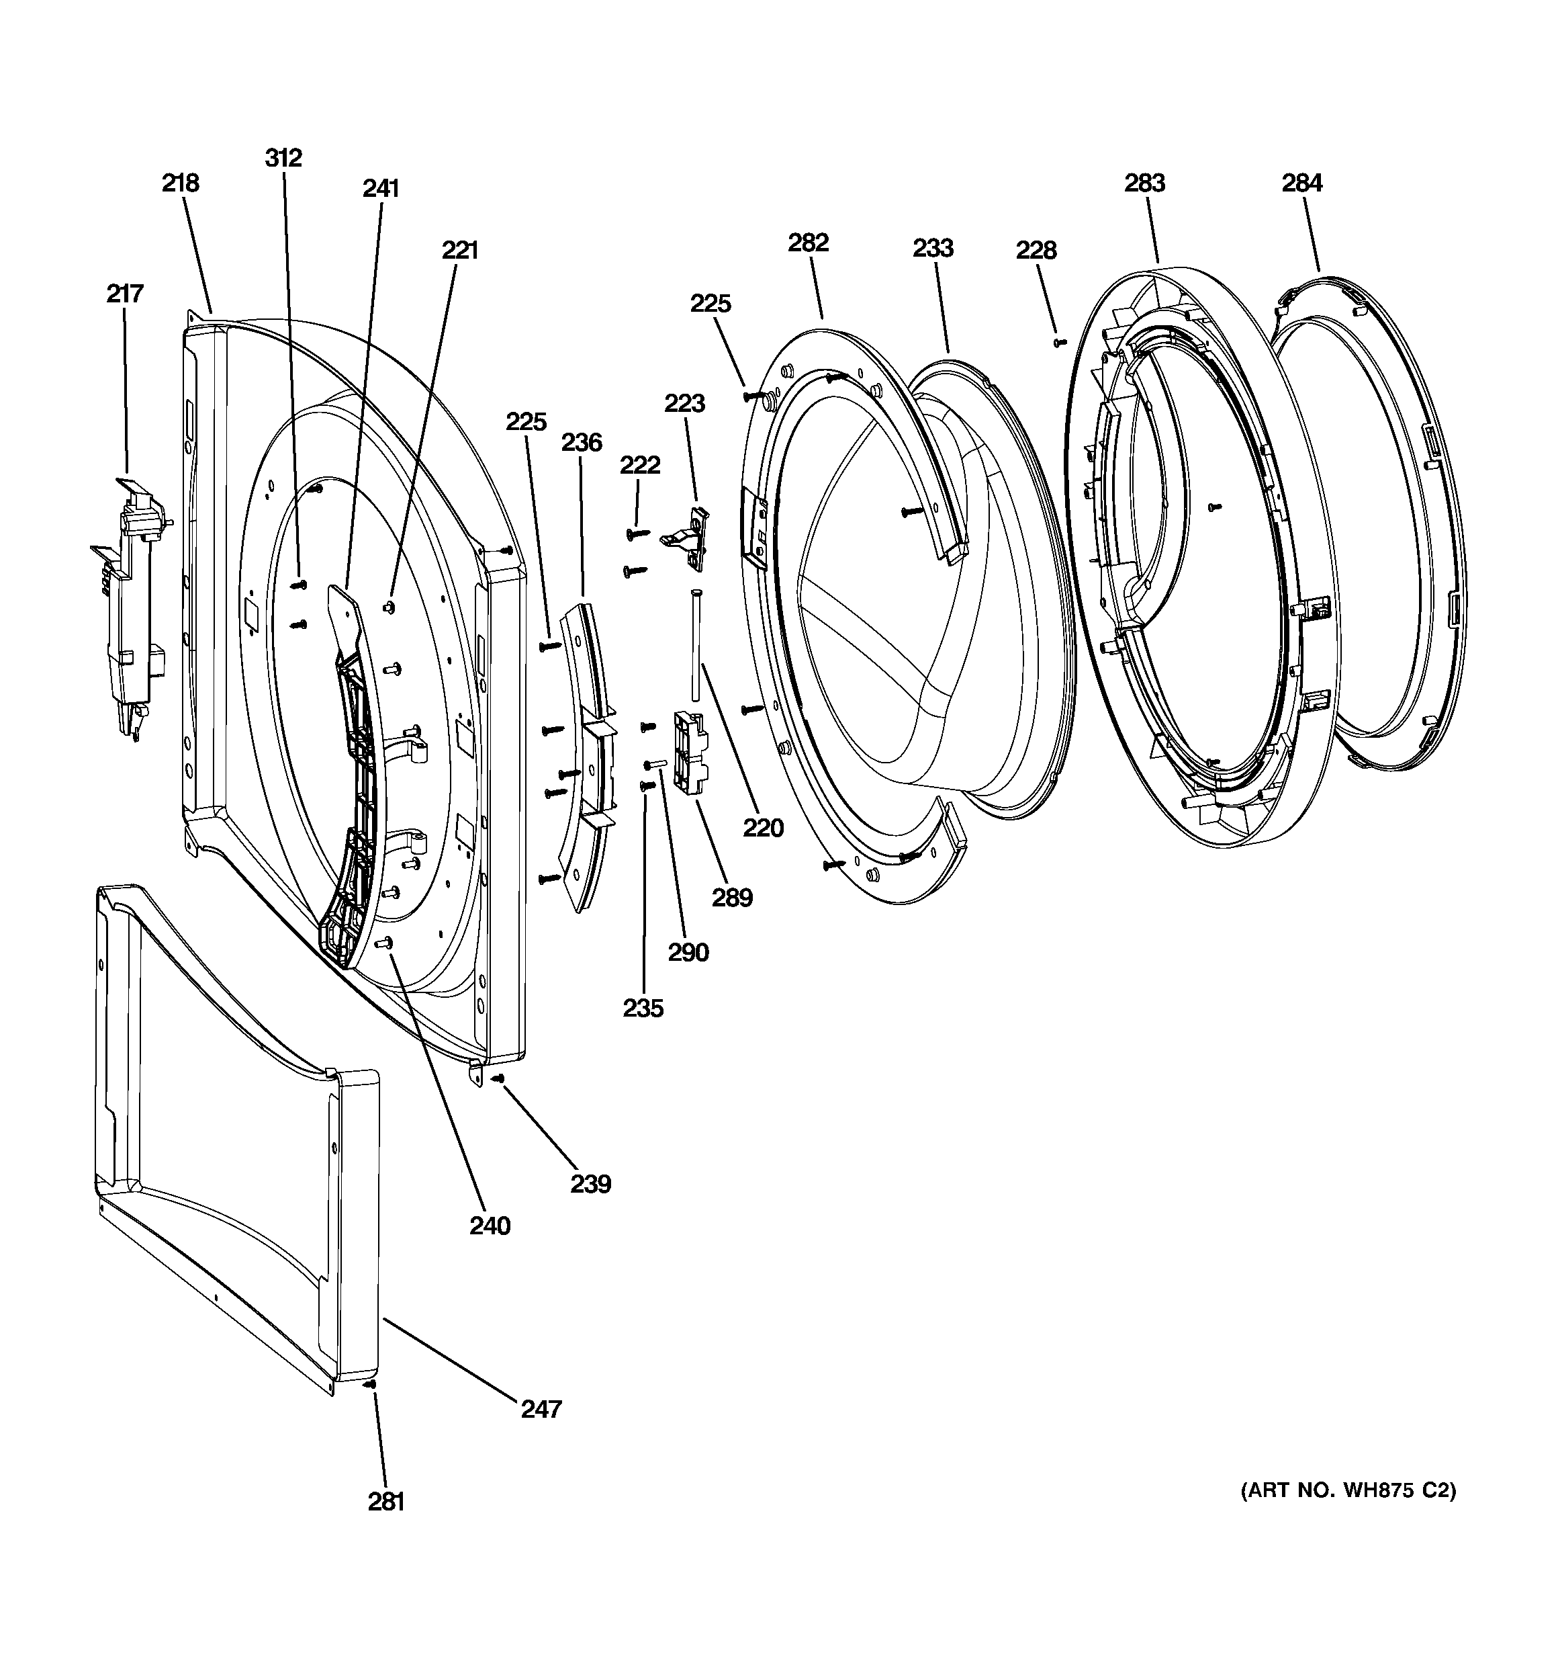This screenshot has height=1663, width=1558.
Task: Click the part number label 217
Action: click(125, 294)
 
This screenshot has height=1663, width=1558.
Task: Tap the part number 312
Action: click(283, 157)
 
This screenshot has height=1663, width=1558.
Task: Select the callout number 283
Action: click(1144, 182)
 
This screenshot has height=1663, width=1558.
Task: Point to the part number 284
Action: click(1302, 182)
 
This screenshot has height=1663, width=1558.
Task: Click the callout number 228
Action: click(1036, 249)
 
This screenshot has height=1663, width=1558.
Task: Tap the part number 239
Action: click(590, 1184)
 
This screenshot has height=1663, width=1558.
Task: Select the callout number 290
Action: click(688, 952)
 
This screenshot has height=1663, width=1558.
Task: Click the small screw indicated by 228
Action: click(1061, 342)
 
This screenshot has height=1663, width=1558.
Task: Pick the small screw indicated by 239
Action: click(498, 1078)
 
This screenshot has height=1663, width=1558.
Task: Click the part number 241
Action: click(381, 189)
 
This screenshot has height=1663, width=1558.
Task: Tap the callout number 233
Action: click(933, 248)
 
